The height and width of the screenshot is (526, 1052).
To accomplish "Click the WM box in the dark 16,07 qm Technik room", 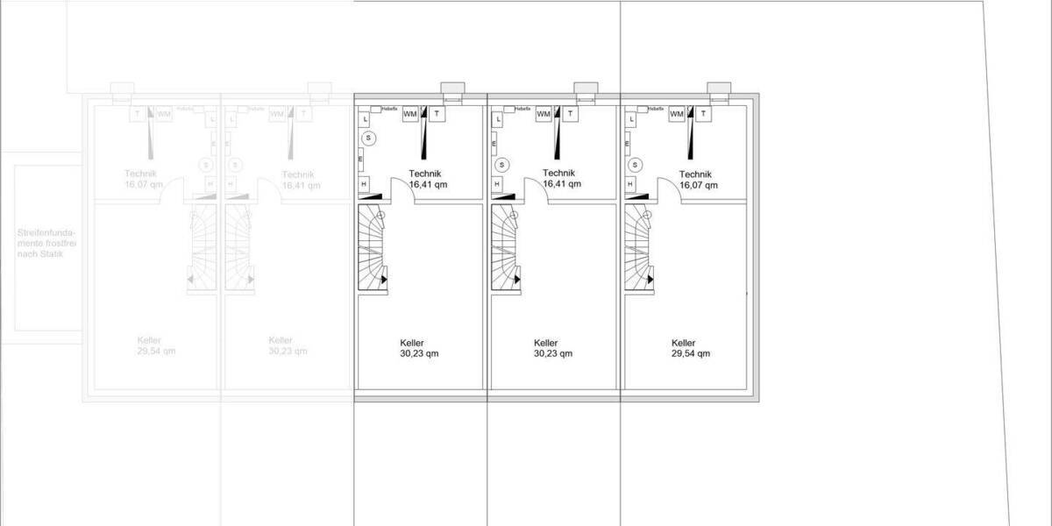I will coord(677,114).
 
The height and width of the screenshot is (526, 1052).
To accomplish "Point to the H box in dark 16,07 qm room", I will coord(629,184).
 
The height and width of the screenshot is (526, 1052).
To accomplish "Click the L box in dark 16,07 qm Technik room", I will coord(629,119).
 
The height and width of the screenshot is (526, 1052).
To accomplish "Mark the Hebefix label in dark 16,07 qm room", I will coord(654,108).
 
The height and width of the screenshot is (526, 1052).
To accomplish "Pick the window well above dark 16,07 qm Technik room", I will coord(718,88).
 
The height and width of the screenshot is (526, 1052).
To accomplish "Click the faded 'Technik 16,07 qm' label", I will coord(143,180).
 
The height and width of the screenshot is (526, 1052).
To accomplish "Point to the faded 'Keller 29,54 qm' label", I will coord(155,345).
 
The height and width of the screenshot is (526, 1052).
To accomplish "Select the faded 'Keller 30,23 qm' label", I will coord(288,345).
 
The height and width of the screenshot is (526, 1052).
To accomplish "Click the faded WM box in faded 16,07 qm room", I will coord(164,114).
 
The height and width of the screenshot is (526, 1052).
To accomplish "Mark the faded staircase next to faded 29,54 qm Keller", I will coord(203,248).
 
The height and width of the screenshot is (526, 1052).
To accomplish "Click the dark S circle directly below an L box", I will coord(369,138).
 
